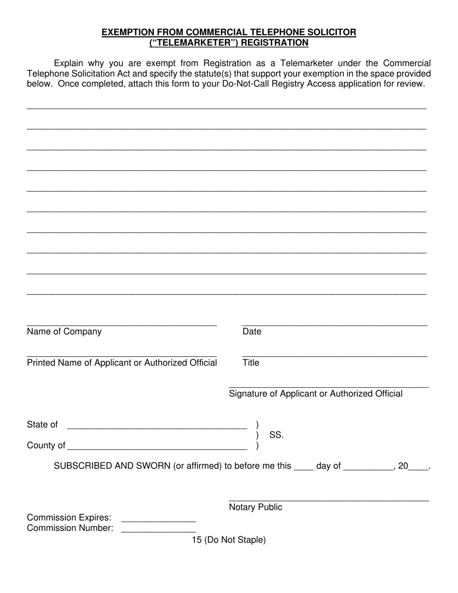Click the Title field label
point(251,363)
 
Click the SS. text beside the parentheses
point(276,435)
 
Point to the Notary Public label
point(256,507)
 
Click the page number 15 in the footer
point(196,540)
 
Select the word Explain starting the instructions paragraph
point(68,63)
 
